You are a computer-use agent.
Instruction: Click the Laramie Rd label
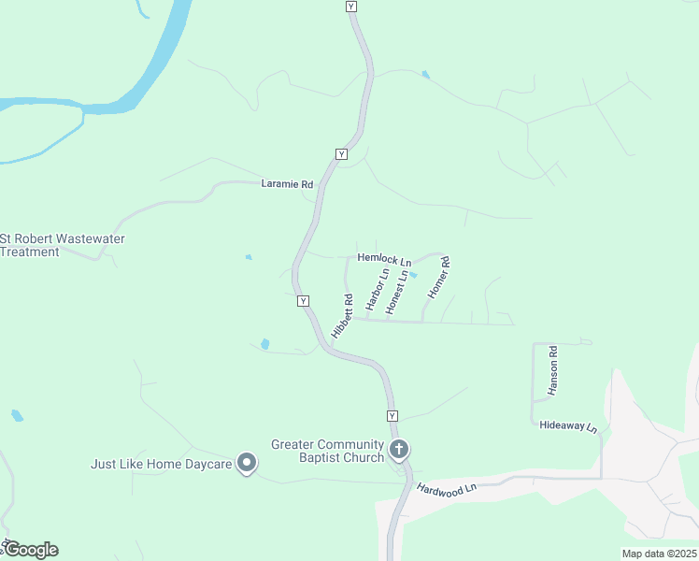pyautogui.click(x=287, y=185)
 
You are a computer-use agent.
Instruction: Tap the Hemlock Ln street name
pyautogui.click(x=384, y=259)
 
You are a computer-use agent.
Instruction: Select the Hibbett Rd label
pyautogui.click(x=343, y=316)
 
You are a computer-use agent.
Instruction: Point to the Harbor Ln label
pyautogui.click(x=378, y=290)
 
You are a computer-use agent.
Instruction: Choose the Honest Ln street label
pyautogui.click(x=398, y=291)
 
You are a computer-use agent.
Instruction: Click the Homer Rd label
pyautogui.click(x=439, y=278)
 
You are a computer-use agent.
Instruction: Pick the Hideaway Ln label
pyautogui.click(x=568, y=425)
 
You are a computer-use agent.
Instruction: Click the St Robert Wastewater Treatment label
pyautogui.click(x=63, y=245)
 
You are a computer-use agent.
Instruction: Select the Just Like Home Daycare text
pyautogui.click(x=161, y=464)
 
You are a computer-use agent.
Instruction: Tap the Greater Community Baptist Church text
pyautogui.click(x=328, y=451)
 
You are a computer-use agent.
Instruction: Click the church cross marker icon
pyautogui.click(x=399, y=451)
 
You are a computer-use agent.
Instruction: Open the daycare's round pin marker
pyautogui.click(x=247, y=463)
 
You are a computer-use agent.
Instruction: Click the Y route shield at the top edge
pyautogui.click(x=351, y=7)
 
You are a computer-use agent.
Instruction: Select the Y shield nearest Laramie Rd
pyautogui.click(x=341, y=153)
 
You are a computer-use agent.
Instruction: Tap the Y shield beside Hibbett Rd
pyautogui.click(x=304, y=301)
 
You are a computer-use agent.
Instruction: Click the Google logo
pyautogui.click(x=32, y=551)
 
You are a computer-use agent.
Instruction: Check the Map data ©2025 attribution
pyautogui.click(x=659, y=554)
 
